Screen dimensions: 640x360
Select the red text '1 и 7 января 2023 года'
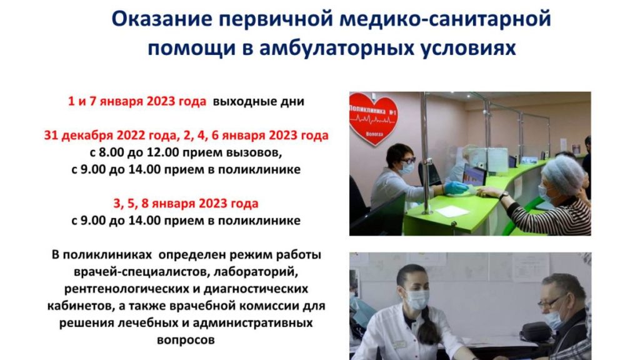click(137, 101)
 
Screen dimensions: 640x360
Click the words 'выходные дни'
click(258, 101)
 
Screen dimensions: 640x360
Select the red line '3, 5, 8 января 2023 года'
click(186, 203)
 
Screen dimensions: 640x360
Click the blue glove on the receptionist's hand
click(455, 187)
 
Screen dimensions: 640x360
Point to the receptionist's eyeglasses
click(407, 161)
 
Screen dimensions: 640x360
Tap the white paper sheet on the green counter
click(452, 211)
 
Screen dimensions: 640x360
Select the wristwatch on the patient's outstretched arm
click(504, 196)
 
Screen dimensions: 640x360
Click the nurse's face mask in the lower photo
click(417, 300)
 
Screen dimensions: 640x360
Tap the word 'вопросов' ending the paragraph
click(186, 339)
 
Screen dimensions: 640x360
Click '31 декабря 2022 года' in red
click(111, 136)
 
